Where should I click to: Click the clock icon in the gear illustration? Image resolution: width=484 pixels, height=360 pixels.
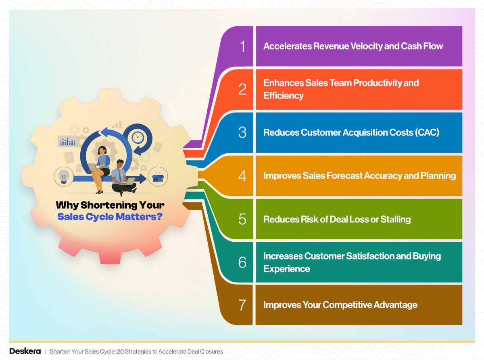click(138, 137)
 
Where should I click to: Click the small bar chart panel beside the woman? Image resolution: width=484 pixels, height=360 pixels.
click(67, 141)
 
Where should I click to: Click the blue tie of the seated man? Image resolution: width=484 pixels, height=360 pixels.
click(120, 175)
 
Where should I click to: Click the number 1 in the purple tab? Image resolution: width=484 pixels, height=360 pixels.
click(242, 46)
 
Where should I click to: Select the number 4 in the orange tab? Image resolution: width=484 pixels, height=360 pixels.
click(242, 176)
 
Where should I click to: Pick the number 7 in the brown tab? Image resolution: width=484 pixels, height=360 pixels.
click(242, 305)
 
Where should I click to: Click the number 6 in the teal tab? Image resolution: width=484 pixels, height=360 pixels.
click(242, 262)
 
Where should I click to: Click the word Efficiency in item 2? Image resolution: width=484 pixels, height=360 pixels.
click(283, 96)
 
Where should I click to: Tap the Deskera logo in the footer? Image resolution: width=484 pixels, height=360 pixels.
click(25, 351)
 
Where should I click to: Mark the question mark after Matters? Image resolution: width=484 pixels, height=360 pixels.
click(159, 217)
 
